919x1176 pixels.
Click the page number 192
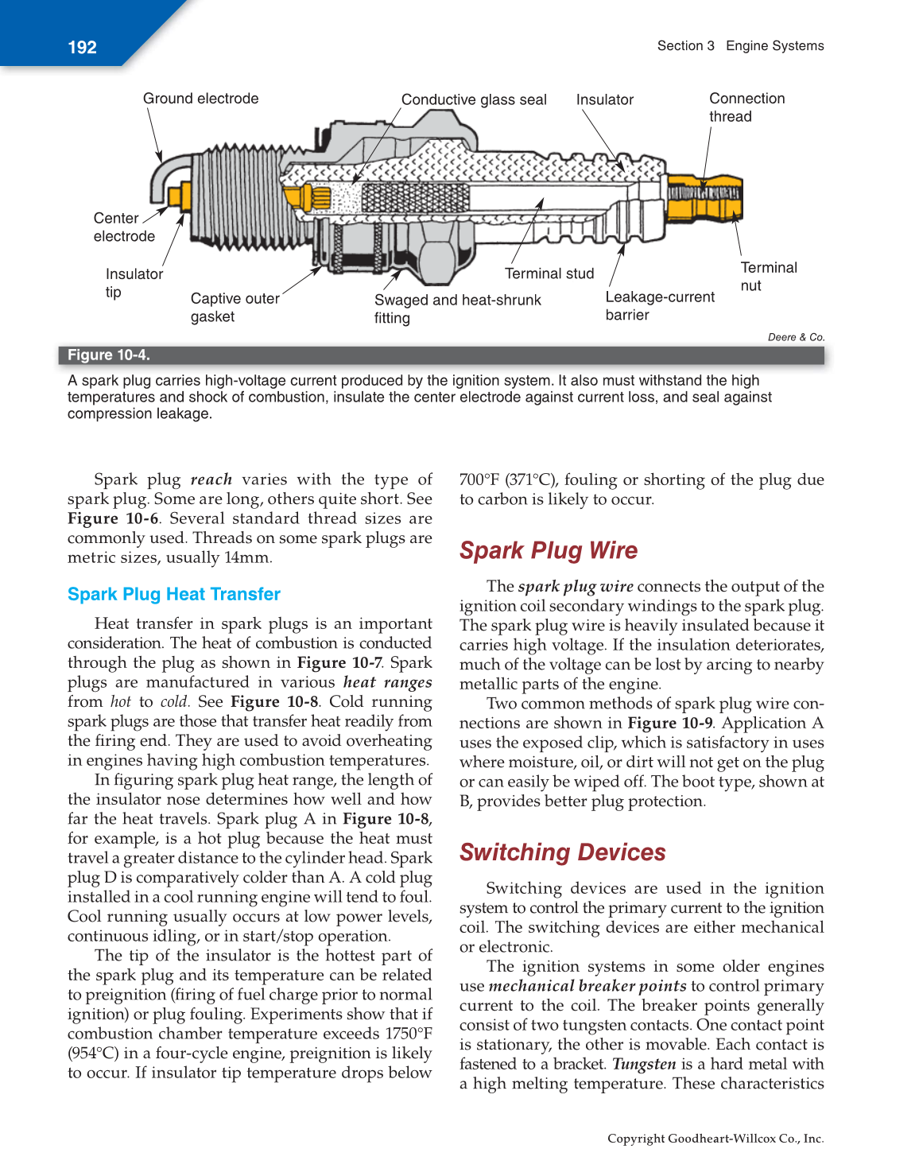(82, 48)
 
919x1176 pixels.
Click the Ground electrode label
(200, 99)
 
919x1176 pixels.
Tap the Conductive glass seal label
(474, 99)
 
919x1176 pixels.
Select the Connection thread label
(746, 107)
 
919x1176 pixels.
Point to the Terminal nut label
(768, 277)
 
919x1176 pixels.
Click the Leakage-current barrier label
(659, 306)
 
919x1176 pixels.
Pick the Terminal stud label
(549, 274)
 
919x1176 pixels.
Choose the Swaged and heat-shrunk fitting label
(457, 309)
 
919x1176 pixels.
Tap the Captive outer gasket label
(235, 308)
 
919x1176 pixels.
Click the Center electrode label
(123, 227)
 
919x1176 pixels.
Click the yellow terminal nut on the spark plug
(704, 199)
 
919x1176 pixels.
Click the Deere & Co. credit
(796, 337)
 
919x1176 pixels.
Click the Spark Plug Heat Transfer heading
(173, 595)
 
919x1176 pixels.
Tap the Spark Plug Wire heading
(548, 550)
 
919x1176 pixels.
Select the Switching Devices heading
(562, 852)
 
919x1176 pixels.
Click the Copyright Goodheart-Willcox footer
(715, 1139)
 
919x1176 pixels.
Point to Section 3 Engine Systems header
(740, 46)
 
